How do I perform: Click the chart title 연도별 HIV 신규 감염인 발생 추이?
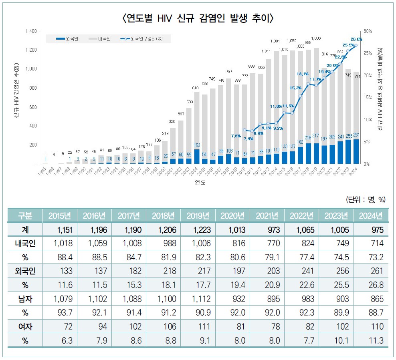point(198,18)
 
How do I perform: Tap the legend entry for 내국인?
point(100,39)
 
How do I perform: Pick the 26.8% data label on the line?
point(356,39)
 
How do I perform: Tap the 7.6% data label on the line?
point(236,136)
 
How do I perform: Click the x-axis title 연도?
point(200,183)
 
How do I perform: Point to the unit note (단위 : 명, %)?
point(366,199)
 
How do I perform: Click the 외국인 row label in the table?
point(25,271)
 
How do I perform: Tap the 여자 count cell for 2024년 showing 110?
point(371,327)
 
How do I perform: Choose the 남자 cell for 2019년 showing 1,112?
point(198,299)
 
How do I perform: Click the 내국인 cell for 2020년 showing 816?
point(232,243)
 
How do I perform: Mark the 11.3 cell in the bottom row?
point(371,341)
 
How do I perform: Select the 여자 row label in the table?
point(25,327)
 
